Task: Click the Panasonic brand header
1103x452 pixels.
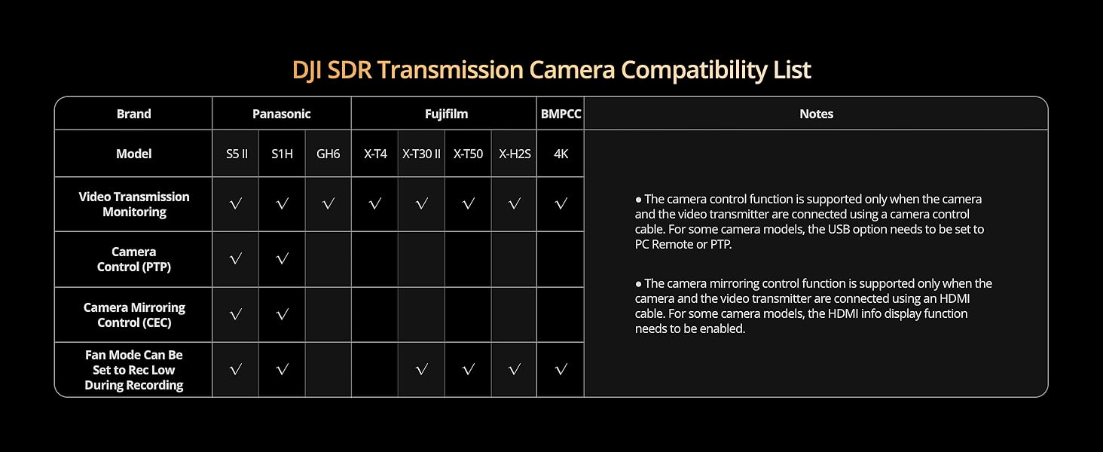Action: (x=281, y=114)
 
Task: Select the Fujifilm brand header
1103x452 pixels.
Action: (x=446, y=114)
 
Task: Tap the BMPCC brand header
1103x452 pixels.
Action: (x=561, y=114)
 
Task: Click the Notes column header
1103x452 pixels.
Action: (x=816, y=114)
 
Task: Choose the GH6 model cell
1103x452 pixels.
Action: (x=328, y=154)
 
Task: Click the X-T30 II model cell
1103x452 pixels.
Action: (x=421, y=154)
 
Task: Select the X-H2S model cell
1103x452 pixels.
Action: (x=515, y=154)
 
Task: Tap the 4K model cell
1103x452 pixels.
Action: (x=561, y=154)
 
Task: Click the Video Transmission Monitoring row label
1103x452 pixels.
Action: (x=134, y=204)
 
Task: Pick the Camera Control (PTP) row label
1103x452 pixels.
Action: (x=134, y=259)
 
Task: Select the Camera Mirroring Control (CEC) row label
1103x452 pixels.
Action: (x=134, y=315)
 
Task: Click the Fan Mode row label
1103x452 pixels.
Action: (x=134, y=370)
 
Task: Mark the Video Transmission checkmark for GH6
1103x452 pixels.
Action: (x=328, y=203)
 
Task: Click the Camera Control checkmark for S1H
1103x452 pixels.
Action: (x=282, y=258)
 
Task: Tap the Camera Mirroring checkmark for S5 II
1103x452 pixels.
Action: (x=235, y=314)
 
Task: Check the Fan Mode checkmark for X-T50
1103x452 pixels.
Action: (x=468, y=369)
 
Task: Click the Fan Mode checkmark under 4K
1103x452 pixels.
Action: (x=561, y=369)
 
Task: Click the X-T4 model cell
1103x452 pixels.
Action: (x=375, y=154)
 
